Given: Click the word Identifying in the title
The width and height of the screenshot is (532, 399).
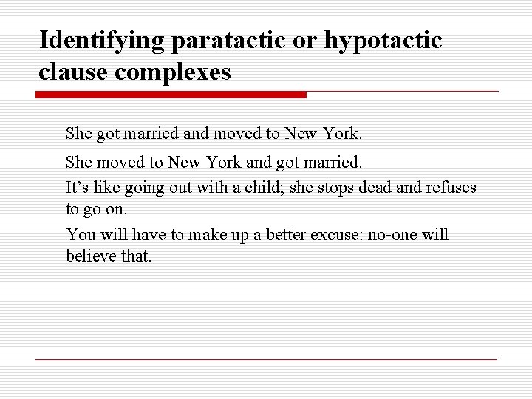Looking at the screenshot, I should tap(103, 39).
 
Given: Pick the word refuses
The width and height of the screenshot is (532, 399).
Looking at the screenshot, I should tap(451, 188).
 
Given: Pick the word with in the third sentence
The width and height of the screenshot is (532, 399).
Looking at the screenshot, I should tap(211, 188).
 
